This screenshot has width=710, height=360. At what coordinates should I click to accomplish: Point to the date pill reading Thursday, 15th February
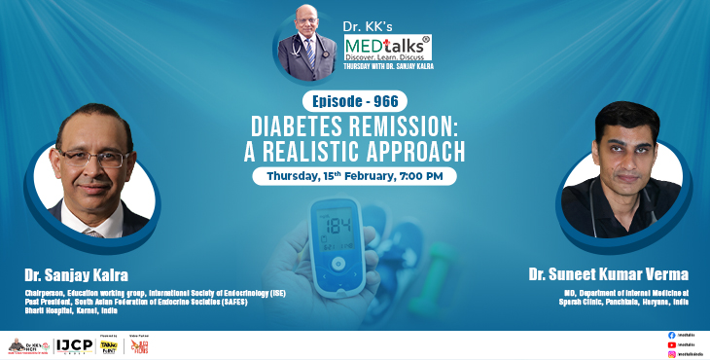(x=354, y=177)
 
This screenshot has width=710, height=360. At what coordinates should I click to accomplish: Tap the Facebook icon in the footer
(x=670, y=335)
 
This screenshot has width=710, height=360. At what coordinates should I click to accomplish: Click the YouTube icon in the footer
(x=670, y=344)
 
